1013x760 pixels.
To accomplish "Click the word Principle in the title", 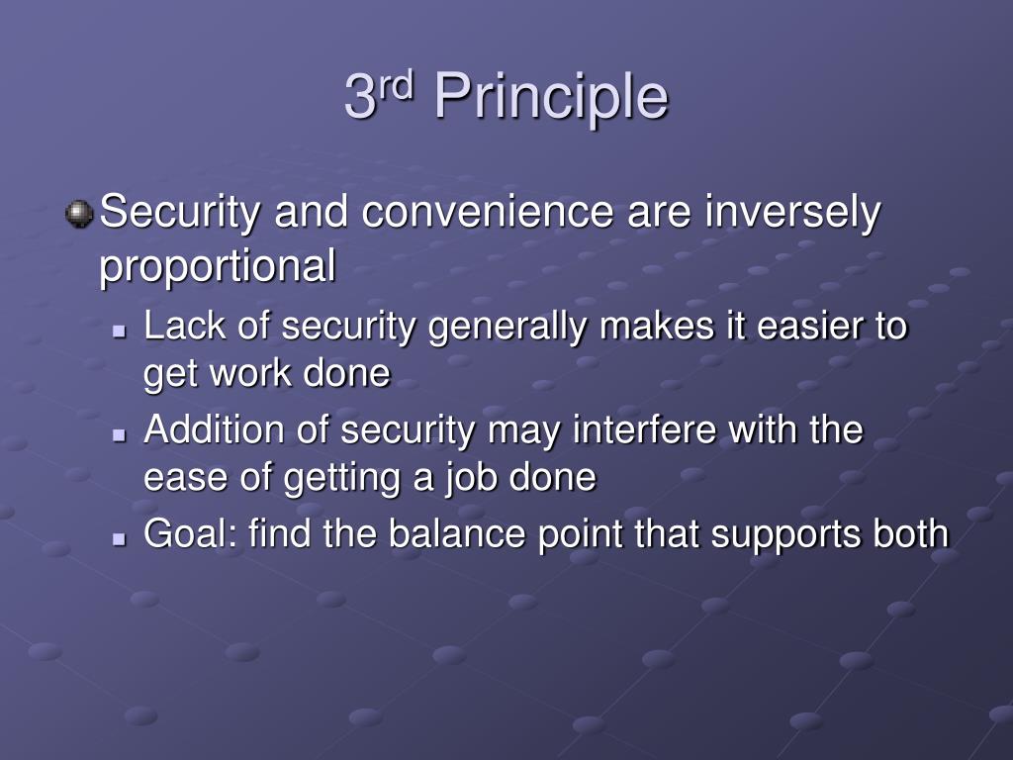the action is [x=551, y=97].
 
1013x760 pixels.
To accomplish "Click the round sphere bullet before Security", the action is [x=79, y=214].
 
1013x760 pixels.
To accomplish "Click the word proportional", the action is [x=218, y=266].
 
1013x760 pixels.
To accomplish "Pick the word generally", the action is [x=507, y=327].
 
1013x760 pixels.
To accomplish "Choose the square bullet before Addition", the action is [x=119, y=436].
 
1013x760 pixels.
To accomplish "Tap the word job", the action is [x=471, y=479].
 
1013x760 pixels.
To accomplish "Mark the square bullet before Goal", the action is [x=119, y=539].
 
